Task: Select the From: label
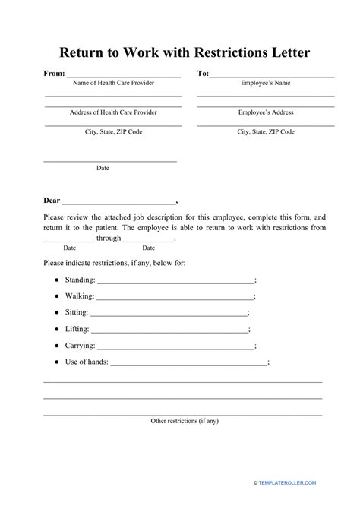click(x=55, y=74)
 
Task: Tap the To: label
click(x=203, y=74)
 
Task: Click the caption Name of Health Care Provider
click(x=112, y=84)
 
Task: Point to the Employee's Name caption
click(x=266, y=84)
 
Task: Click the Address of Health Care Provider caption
click(x=113, y=112)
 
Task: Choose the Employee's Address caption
click(x=266, y=112)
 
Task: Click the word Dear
click(x=51, y=201)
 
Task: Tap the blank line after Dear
click(x=118, y=204)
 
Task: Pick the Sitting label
click(x=77, y=312)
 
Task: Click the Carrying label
click(x=80, y=345)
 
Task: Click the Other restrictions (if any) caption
click(x=185, y=420)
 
